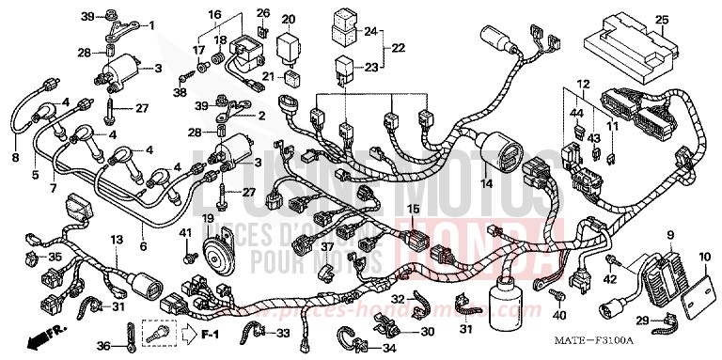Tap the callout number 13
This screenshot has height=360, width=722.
point(116,240)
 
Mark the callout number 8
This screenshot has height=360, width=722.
point(14,158)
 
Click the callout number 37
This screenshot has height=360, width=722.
point(327,247)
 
